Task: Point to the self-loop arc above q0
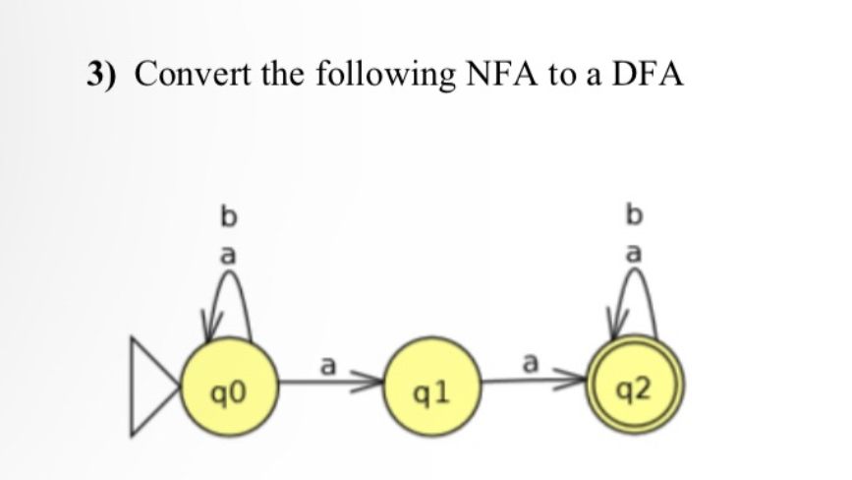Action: (228, 295)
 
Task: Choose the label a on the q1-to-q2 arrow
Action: (531, 366)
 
